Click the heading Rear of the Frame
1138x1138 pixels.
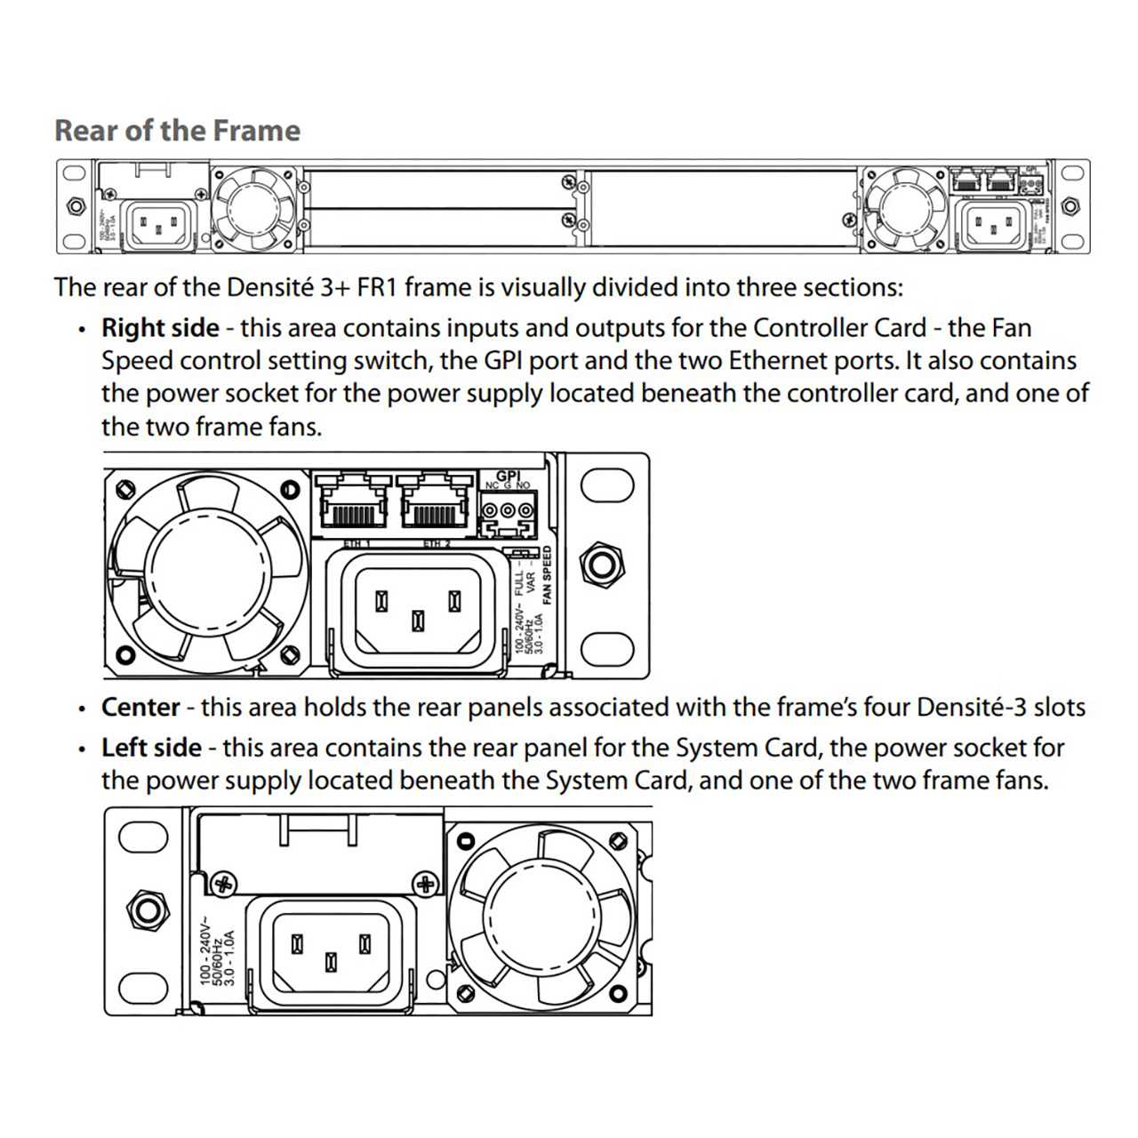(178, 131)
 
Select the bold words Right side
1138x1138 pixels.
(160, 328)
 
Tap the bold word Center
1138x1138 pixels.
(140, 708)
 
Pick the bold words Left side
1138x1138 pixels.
(151, 748)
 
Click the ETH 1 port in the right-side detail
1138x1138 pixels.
(353, 508)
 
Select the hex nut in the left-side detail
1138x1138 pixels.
(145, 910)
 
